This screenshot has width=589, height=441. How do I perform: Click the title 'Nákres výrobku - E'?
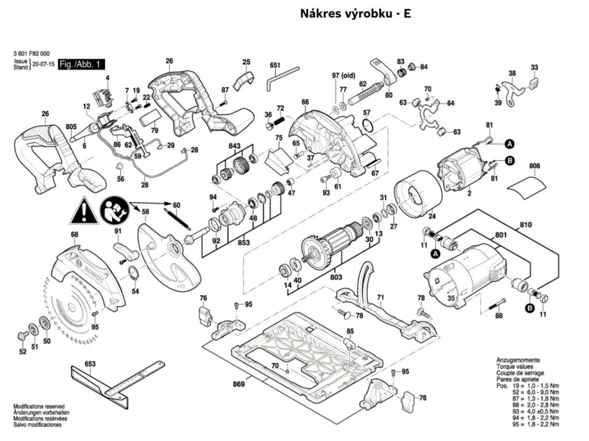point(355,13)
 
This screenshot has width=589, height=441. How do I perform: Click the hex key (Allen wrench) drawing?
point(282,78)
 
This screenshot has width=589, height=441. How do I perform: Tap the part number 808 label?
point(535,167)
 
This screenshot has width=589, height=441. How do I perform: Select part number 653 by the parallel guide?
point(90,364)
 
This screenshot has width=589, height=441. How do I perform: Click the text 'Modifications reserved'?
point(39,405)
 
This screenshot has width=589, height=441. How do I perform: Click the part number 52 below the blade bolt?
point(22,351)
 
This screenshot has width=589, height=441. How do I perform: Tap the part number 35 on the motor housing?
point(452,298)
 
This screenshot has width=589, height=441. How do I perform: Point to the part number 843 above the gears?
point(235,147)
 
